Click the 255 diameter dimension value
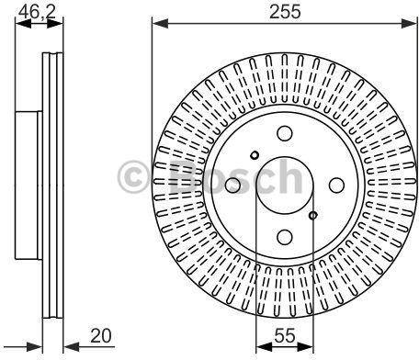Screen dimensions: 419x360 (285, 12)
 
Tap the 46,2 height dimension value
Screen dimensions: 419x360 (37, 12)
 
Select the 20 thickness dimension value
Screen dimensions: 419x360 (101, 335)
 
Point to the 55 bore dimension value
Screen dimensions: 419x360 (285, 335)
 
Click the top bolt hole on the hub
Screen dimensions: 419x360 (285, 133)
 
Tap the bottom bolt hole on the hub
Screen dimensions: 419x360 (285, 237)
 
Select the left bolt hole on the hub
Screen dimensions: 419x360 (232, 186)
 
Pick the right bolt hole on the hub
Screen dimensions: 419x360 (336, 186)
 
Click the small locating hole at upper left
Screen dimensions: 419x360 (255, 155)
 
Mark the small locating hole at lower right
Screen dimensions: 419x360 (312, 216)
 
